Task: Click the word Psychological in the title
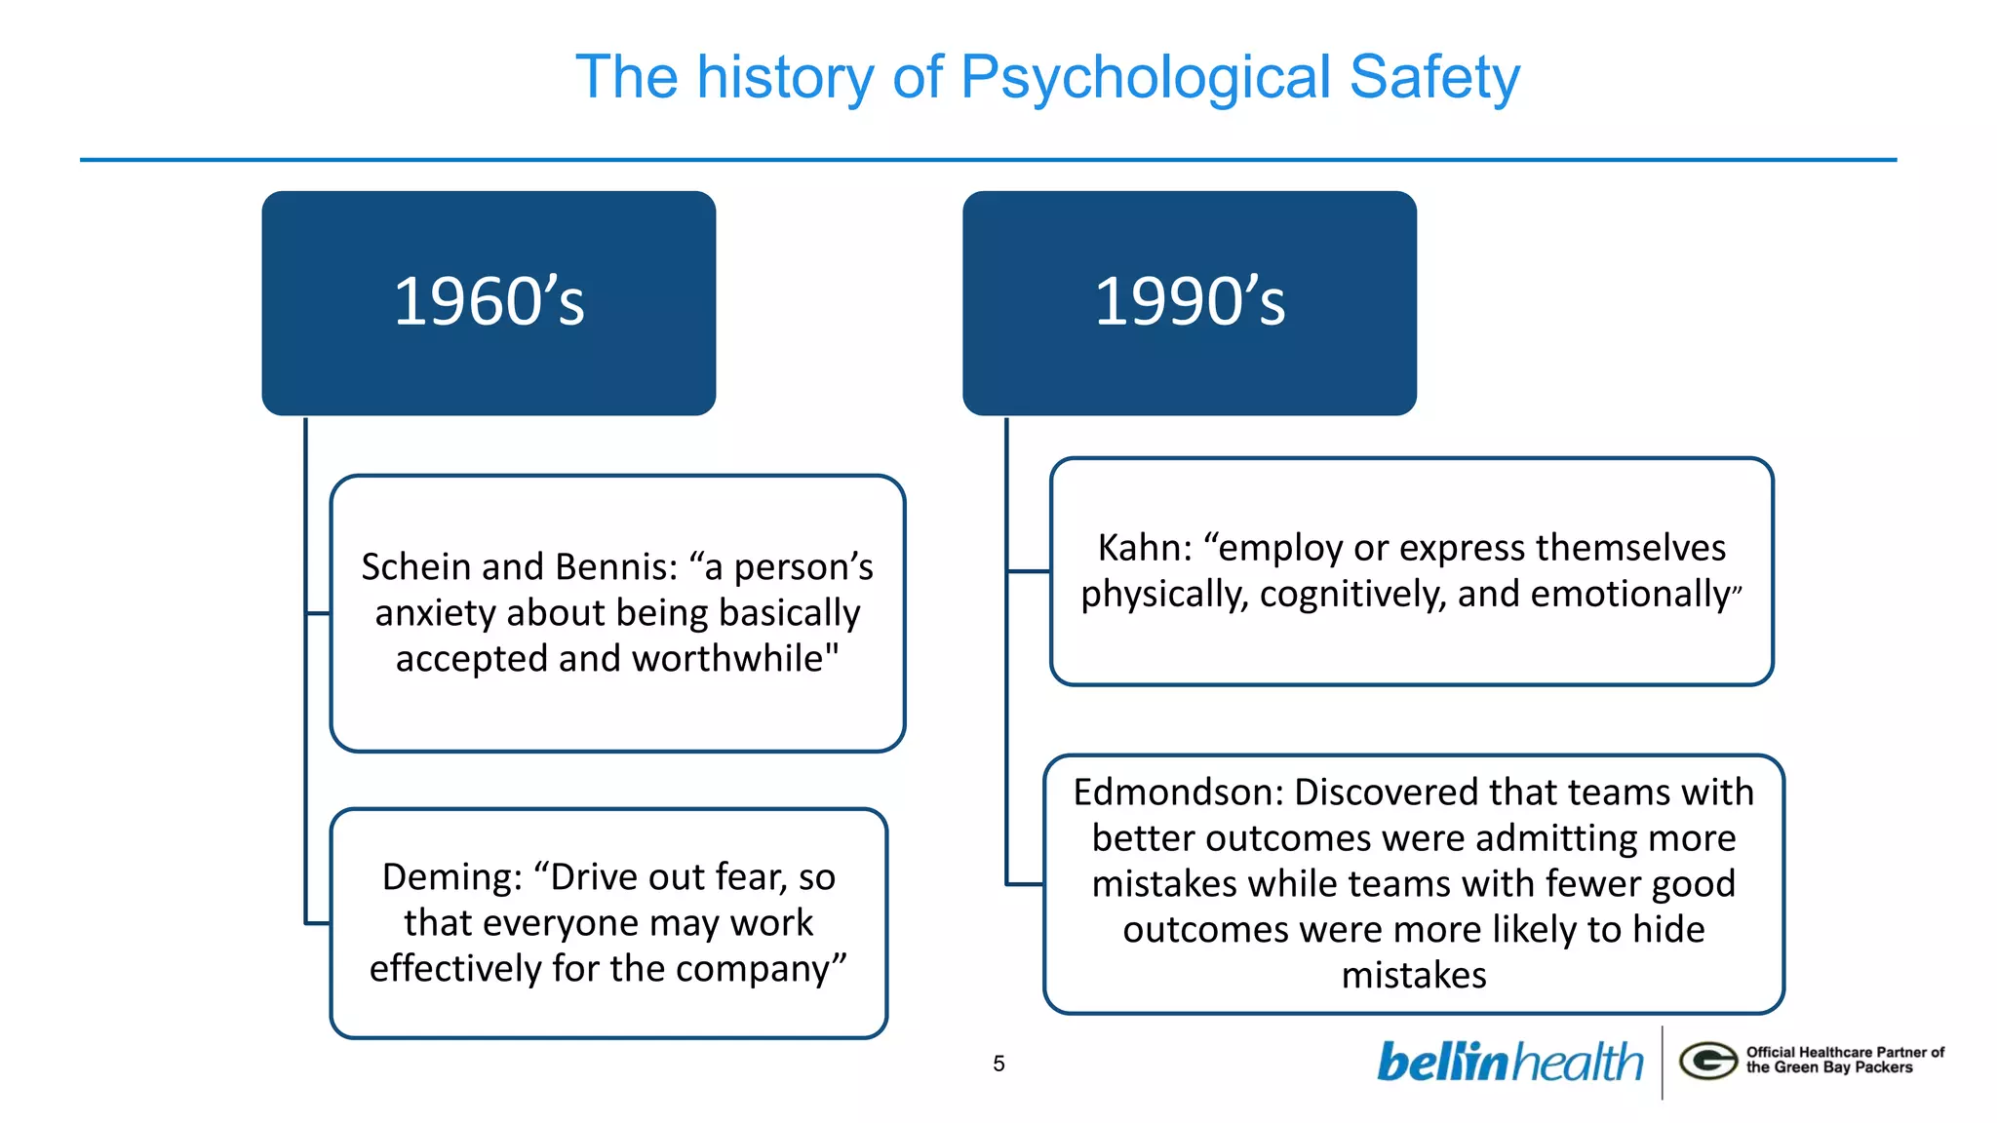1145,78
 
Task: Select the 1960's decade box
489,302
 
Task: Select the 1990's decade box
1189,302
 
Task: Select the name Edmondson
1177,793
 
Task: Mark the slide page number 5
998,1064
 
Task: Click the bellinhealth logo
1509,1063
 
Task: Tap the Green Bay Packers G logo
1707,1061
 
